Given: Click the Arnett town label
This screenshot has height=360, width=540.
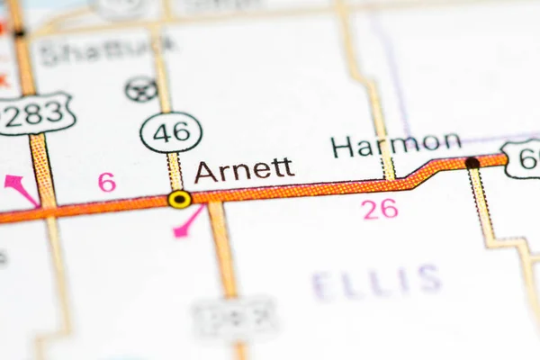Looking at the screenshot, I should (x=244, y=170).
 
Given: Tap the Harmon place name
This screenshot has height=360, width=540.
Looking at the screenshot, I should (x=396, y=144).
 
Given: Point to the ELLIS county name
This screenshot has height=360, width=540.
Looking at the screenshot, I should (x=377, y=282).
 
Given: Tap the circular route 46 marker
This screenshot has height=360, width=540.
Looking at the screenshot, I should (x=171, y=132).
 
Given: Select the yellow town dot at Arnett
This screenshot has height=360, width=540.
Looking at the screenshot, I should (x=179, y=199).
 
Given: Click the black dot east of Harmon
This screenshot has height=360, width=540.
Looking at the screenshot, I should (x=472, y=163).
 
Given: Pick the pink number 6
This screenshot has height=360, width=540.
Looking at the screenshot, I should (x=107, y=182).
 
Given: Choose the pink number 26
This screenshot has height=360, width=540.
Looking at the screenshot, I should (x=380, y=209).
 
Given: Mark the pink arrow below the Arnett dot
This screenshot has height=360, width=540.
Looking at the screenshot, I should (x=188, y=222).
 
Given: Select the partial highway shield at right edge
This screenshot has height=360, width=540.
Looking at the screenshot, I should (x=524, y=158).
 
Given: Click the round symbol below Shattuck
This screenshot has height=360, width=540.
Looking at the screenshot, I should (x=141, y=89).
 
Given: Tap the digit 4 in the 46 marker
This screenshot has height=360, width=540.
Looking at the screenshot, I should (x=161, y=132).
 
